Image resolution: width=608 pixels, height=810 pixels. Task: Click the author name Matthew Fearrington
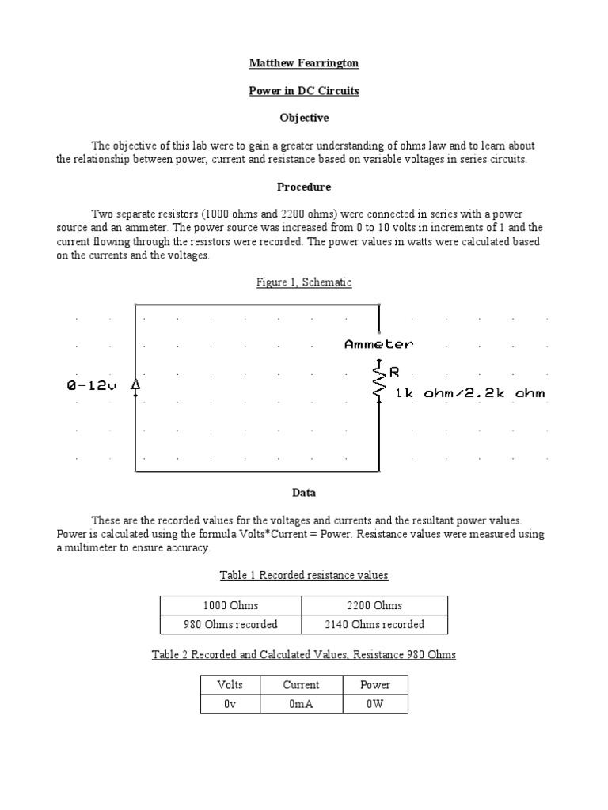coord(304,63)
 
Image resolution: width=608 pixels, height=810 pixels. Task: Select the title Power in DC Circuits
coord(304,91)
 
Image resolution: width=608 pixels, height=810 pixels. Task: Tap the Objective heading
coord(304,118)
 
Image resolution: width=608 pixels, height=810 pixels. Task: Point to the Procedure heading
coord(304,187)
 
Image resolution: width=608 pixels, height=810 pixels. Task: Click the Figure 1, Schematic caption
coord(304,282)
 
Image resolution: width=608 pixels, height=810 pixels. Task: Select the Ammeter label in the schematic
coord(378,344)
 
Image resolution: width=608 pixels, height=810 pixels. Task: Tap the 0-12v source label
coord(92,386)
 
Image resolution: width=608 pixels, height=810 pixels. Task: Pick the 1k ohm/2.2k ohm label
coord(469,393)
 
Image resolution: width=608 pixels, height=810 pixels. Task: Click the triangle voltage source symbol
coord(135,384)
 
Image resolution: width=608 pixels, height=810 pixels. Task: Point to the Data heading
coord(304,493)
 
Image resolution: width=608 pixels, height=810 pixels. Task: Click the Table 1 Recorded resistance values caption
coord(304,575)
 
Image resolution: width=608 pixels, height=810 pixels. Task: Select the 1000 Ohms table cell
coord(230,606)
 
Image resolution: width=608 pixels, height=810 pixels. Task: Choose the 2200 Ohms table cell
coord(374,606)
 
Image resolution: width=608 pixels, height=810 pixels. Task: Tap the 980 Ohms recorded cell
coord(230,625)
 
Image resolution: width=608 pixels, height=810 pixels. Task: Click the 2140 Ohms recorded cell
coord(374,625)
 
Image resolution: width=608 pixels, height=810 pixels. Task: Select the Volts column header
coord(230,685)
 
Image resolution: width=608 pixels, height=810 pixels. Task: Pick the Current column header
coord(301,685)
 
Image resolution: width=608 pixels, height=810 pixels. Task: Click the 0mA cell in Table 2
coord(301,704)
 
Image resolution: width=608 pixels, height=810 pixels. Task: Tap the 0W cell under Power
coord(374,704)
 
